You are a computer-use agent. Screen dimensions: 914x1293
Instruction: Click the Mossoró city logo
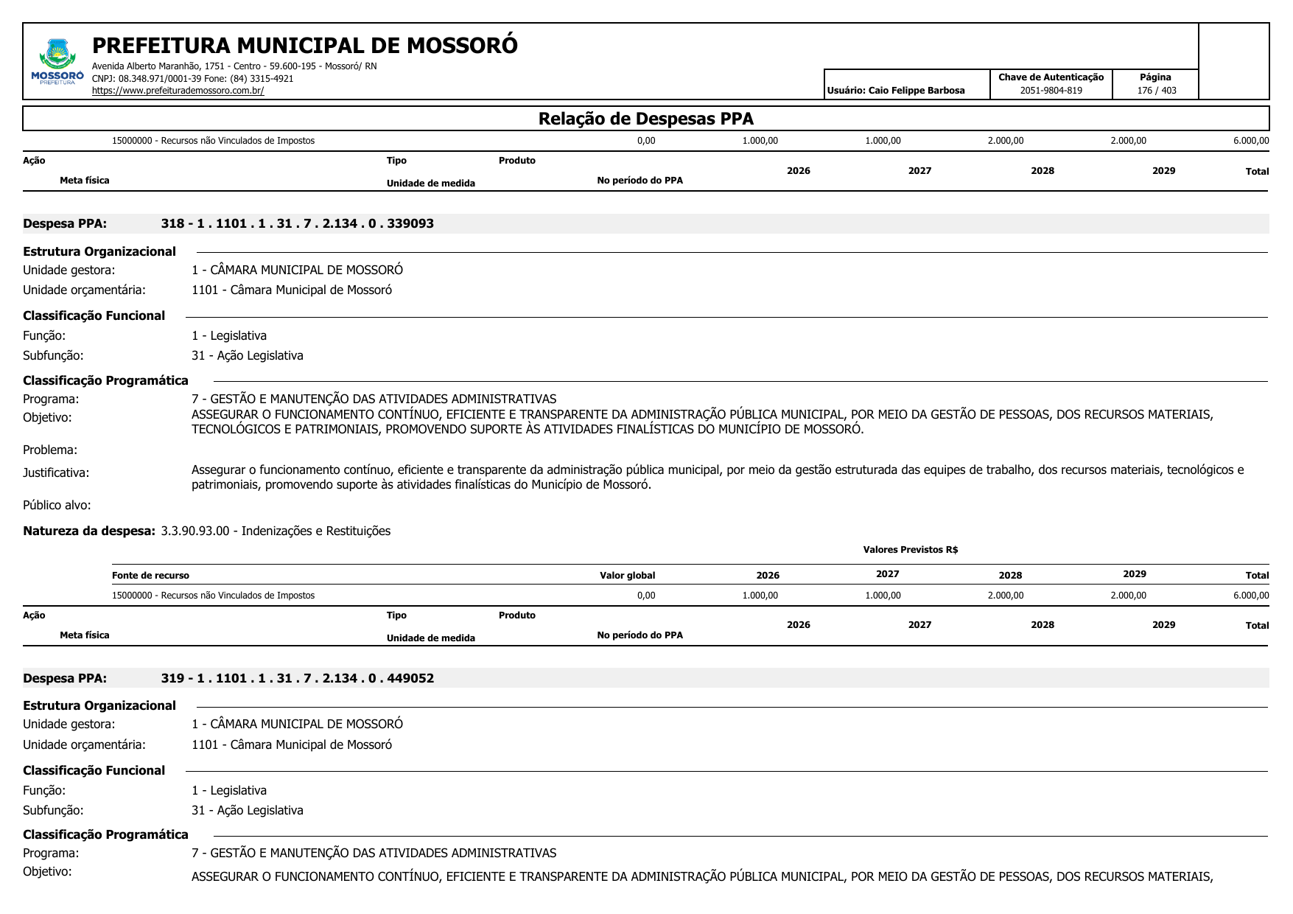(x=57, y=61)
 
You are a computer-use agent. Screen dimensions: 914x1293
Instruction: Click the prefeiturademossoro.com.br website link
(x=178, y=91)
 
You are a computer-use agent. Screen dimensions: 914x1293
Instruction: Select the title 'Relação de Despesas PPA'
(x=645, y=119)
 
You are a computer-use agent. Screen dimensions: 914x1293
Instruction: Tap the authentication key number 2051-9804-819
(x=1051, y=91)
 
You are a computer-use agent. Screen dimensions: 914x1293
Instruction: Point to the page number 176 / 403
(x=1157, y=91)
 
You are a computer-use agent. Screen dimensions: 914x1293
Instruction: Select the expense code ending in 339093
(x=297, y=223)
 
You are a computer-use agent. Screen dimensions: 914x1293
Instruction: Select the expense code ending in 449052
(x=297, y=678)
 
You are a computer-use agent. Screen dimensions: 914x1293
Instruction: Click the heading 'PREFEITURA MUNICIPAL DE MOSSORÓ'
(x=305, y=46)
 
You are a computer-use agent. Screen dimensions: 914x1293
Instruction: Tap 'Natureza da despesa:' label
(x=89, y=531)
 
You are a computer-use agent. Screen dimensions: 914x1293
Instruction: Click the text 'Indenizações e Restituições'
(x=316, y=531)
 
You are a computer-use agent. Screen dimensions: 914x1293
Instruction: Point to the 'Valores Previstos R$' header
(x=910, y=550)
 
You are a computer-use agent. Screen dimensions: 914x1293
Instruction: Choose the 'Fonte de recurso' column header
(x=150, y=576)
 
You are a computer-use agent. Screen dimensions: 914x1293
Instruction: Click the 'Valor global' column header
(x=627, y=576)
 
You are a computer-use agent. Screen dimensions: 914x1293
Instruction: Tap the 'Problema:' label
(x=50, y=450)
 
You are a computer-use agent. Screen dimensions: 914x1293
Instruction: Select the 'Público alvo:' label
(x=57, y=505)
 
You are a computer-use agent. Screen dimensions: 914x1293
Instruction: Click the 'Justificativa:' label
(x=56, y=472)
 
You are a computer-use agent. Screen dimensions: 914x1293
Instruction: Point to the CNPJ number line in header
(x=192, y=78)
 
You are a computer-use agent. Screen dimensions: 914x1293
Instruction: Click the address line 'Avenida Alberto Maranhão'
(x=234, y=66)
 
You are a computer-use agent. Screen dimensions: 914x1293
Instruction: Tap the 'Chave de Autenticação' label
(x=1051, y=77)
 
